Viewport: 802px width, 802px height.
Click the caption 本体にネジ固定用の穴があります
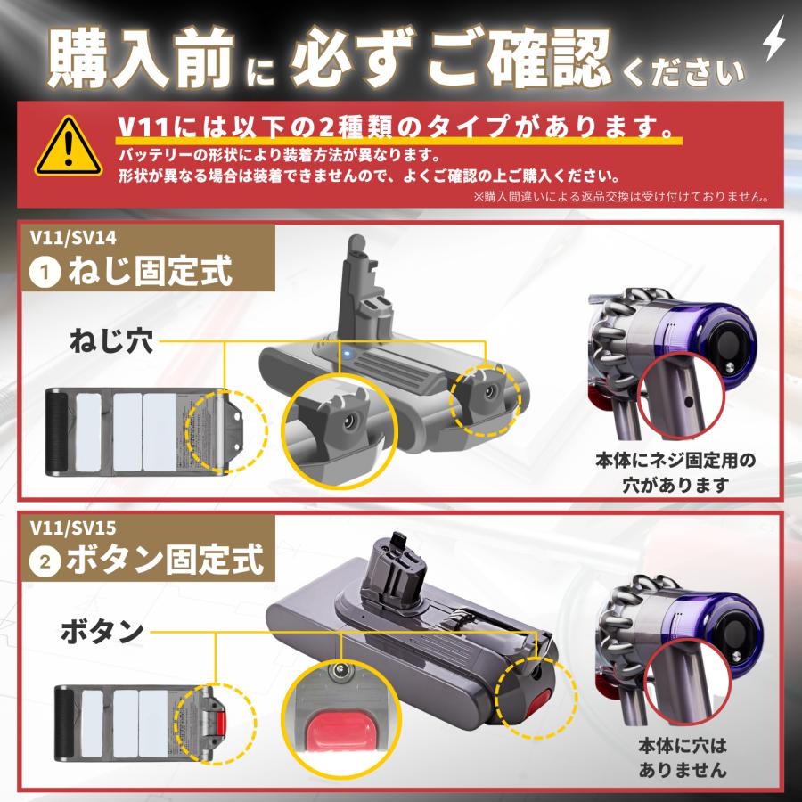(x=675, y=472)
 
